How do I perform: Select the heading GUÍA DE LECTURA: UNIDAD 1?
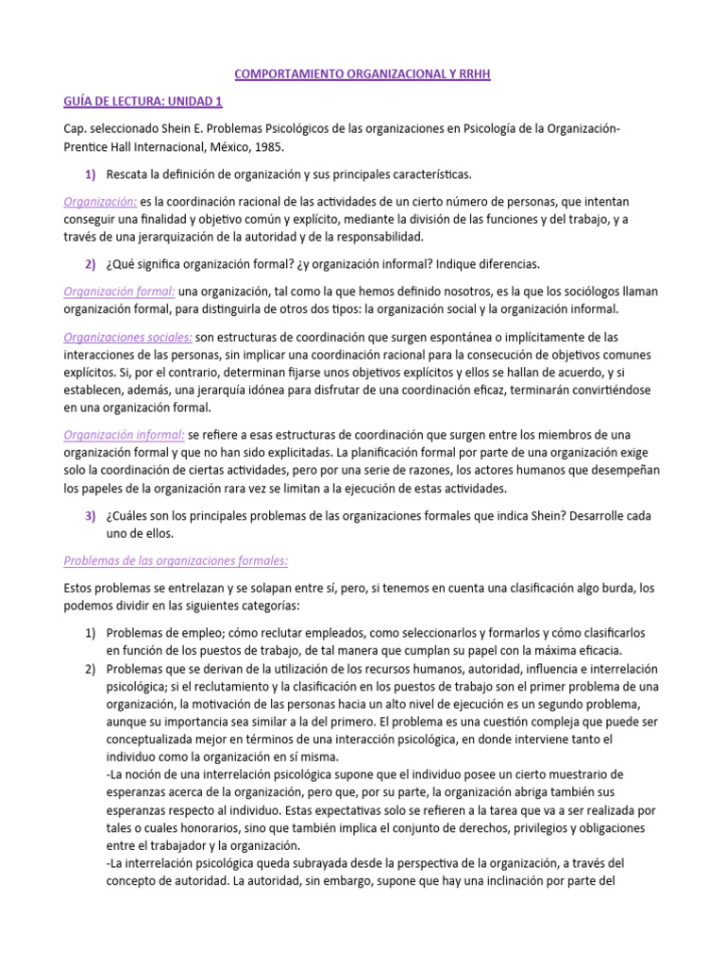coord(143,101)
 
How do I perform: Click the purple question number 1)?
coord(91,175)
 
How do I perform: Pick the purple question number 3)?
coord(91,516)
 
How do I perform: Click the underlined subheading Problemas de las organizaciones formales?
coord(176,560)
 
